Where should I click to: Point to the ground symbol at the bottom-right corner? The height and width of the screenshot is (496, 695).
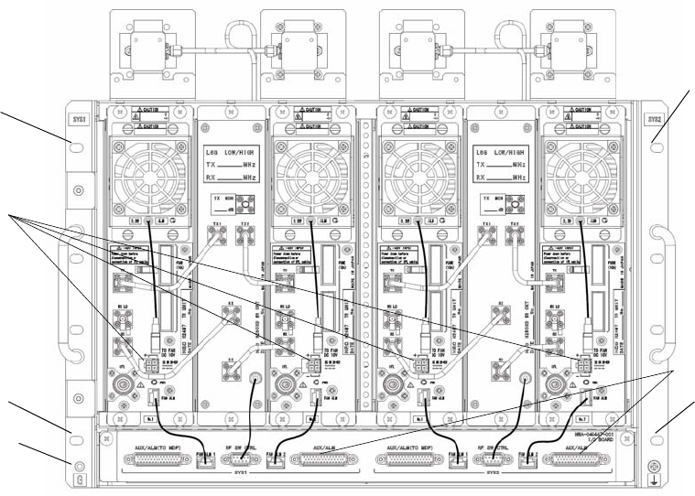(652, 477)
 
